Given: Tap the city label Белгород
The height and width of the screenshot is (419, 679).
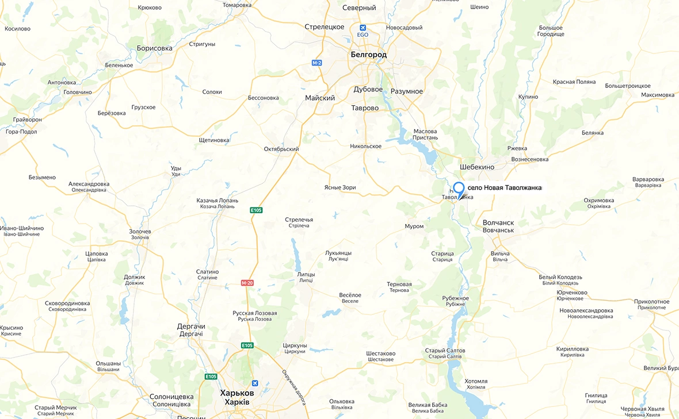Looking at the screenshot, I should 368,55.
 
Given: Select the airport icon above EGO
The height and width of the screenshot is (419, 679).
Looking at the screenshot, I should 363,27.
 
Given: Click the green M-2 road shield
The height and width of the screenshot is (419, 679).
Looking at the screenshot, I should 316,63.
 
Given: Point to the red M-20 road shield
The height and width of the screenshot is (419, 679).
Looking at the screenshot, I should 247,283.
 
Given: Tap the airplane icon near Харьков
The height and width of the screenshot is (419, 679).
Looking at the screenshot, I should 254,383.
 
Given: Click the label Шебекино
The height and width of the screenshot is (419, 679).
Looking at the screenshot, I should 477,167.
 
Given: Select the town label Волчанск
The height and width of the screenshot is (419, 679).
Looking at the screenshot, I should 498,222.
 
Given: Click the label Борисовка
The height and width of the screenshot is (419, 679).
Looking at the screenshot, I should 154,48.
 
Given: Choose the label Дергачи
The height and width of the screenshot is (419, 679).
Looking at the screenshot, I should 190,326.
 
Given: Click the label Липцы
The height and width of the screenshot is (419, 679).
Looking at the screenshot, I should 306,274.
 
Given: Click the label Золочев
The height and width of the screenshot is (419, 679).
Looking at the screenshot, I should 140,231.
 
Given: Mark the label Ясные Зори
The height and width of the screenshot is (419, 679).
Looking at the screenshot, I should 339,187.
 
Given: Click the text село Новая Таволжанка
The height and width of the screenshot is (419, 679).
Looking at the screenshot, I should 504,188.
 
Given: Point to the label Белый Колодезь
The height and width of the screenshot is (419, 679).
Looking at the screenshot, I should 560,277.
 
